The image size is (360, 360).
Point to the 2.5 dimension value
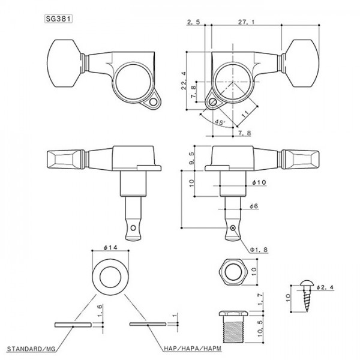pyautogui.click(x=193, y=22)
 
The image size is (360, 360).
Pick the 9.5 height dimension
pyautogui.click(x=191, y=157)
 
